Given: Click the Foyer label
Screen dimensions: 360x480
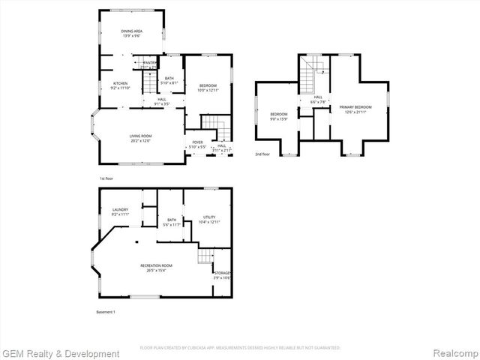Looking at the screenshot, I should pyautogui.click(x=197, y=144).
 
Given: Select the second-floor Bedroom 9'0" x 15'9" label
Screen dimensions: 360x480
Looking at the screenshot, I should pyautogui.click(x=278, y=116).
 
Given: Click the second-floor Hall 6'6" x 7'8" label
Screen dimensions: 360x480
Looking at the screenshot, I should pyautogui.click(x=318, y=99).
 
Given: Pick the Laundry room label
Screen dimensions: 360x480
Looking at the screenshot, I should pyautogui.click(x=120, y=211).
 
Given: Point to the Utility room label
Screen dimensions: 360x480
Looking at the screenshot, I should pyautogui.click(x=208, y=219).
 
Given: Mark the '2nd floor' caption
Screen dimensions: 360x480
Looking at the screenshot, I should pyautogui.click(x=262, y=154).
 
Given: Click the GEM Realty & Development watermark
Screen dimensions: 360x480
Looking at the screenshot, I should pyautogui.click(x=61, y=353).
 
